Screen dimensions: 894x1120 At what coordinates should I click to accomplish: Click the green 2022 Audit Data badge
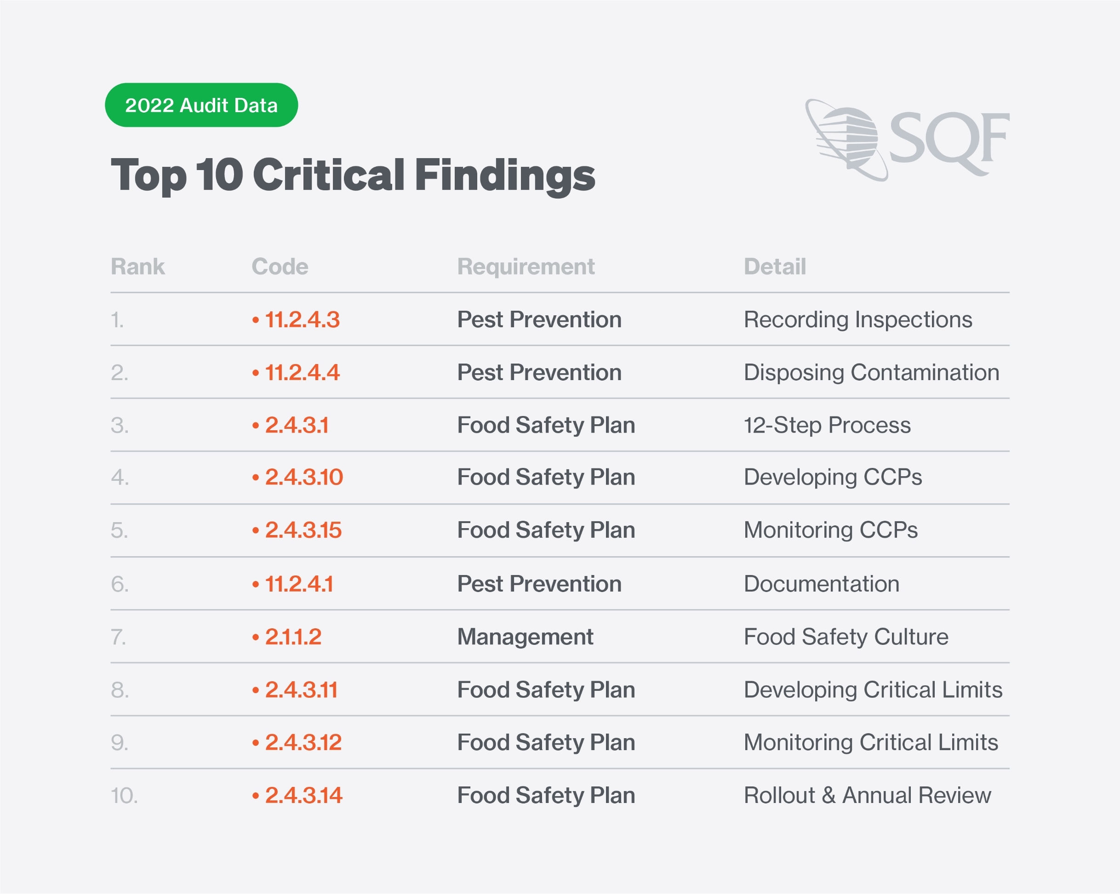[x=201, y=105]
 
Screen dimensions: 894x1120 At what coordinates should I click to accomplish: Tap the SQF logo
[x=907, y=140]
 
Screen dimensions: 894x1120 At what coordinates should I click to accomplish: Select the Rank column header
[x=137, y=267]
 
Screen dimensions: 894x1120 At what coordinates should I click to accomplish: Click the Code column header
[x=280, y=267]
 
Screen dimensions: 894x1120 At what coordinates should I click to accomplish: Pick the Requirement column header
[x=526, y=267]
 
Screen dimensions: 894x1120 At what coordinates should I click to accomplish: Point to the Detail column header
[x=775, y=267]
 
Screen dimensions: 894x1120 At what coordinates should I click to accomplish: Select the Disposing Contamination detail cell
[x=871, y=372]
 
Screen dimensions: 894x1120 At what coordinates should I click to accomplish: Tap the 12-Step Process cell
[x=827, y=425]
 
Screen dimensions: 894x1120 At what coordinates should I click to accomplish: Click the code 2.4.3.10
[x=304, y=477]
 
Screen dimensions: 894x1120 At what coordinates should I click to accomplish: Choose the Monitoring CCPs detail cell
[x=830, y=530]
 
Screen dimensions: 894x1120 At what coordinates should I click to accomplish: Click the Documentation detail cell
[x=821, y=584]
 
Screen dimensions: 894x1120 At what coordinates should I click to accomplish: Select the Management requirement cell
[x=525, y=637]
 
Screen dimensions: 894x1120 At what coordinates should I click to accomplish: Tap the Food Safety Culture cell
[x=846, y=637]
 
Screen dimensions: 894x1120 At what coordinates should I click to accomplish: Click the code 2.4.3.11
[x=301, y=690]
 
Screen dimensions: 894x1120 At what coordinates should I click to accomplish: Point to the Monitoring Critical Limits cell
[x=871, y=742]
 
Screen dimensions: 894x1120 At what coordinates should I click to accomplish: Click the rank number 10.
[x=124, y=795]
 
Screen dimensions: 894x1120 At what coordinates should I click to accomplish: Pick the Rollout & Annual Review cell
[x=867, y=795]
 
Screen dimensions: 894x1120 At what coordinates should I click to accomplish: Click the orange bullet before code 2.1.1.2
[x=256, y=638]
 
